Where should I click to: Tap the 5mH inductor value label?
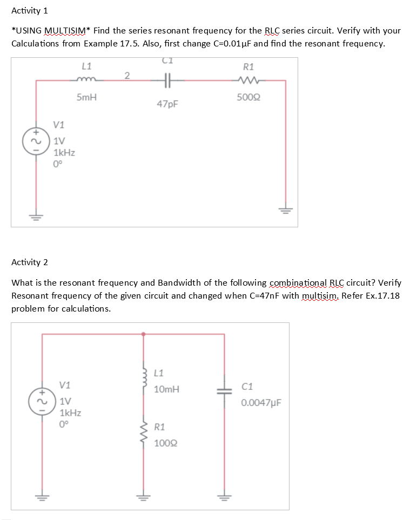tap(87, 98)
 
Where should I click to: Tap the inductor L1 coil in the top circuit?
tap(86, 81)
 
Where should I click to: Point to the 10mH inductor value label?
tap(166, 389)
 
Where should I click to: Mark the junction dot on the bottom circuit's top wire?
tap(144, 334)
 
